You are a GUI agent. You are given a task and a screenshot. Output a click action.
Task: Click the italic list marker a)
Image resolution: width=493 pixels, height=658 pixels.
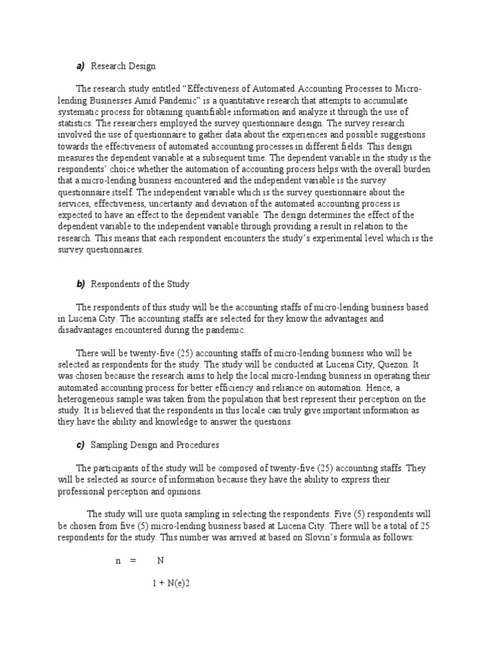tap(80, 66)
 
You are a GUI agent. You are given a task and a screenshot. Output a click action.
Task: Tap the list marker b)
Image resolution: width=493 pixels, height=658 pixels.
tap(80, 283)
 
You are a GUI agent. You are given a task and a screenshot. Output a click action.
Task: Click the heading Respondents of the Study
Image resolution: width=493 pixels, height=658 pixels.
tap(140, 283)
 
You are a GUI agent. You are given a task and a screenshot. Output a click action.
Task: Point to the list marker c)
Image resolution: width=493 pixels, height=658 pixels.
tap(80, 445)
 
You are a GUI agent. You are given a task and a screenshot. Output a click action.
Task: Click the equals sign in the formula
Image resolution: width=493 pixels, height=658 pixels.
tap(134, 560)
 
